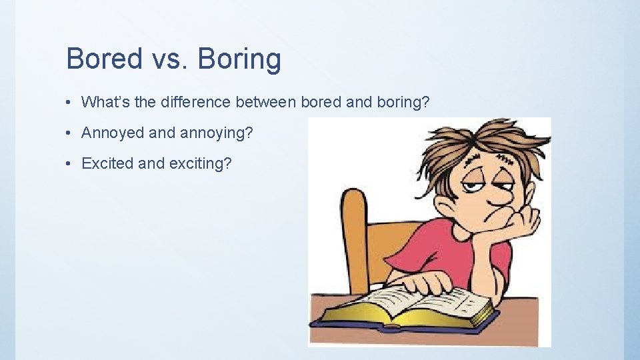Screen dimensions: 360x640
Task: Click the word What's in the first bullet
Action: (x=106, y=102)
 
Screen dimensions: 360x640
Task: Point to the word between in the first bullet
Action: (x=266, y=102)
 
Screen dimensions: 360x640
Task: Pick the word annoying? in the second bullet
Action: (x=217, y=133)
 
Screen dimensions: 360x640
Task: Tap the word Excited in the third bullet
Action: (x=107, y=163)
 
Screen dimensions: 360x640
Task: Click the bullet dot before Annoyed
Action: (x=69, y=133)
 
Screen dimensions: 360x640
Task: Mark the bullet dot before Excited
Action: (x=69, y=163)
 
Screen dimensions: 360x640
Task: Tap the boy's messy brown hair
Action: (x=480, y=143)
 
